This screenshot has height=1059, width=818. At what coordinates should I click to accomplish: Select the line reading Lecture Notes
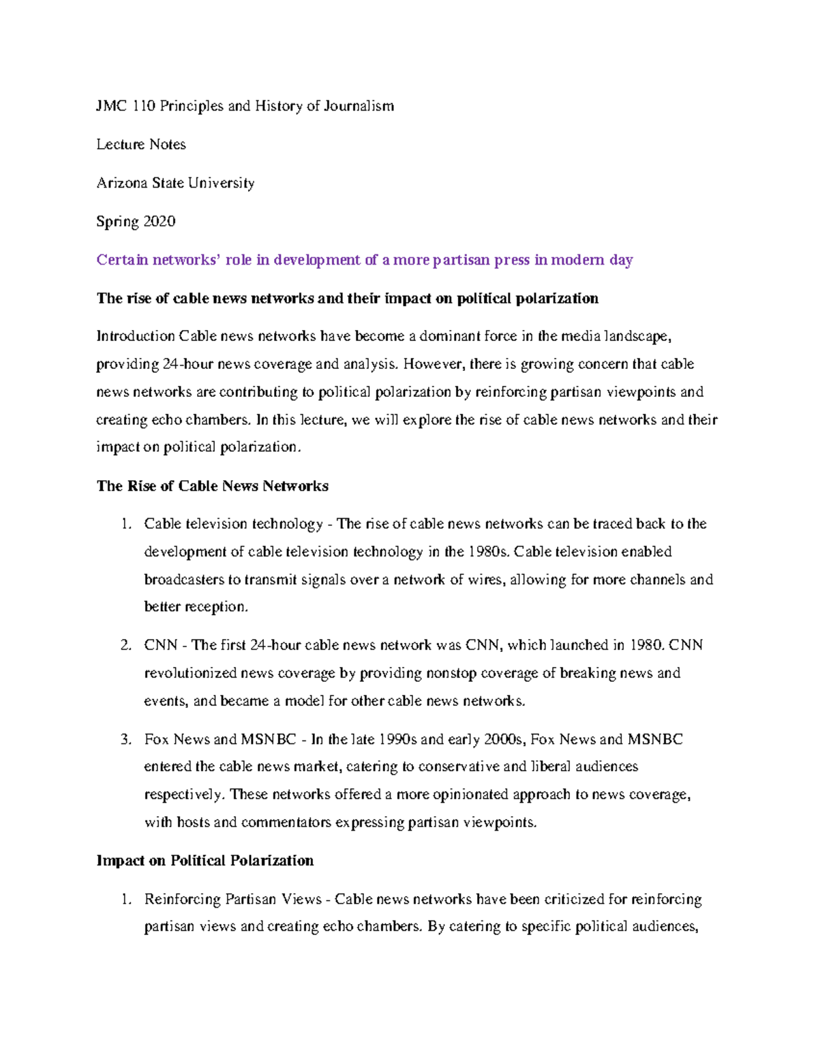pyautogui.click(x=141, y=145)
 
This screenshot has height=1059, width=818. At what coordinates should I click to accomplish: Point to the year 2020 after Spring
pyautogui.click(x=158, y=222)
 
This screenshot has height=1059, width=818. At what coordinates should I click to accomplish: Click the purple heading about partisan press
pyautogui.click(x=365, y=260)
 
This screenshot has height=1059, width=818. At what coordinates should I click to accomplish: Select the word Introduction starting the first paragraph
pyautogui.click(x=136, y=336)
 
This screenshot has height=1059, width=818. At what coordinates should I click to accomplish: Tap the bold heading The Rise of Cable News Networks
pyautogui.click(x=212, y=486)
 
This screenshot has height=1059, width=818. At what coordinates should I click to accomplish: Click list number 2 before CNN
pyautogui.click(x=125, y=645)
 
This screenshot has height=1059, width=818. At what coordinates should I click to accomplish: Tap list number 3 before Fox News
pyautogui.click(x=125, y=740)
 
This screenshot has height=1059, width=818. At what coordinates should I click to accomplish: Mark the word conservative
pyautogui.click(x=459, y=767)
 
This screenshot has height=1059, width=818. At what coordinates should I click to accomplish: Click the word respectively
pyautogui.click(x=183, y=795)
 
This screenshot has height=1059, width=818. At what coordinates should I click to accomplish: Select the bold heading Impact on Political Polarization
pyautogui.click(x=205, y=861)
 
